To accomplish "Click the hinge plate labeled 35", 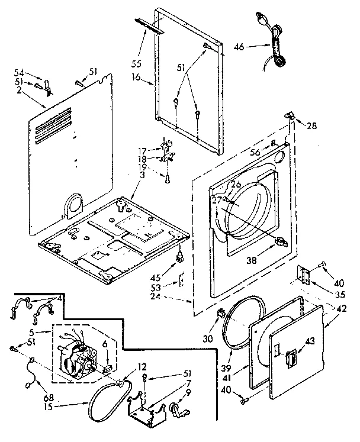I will [x=306, y=274].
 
